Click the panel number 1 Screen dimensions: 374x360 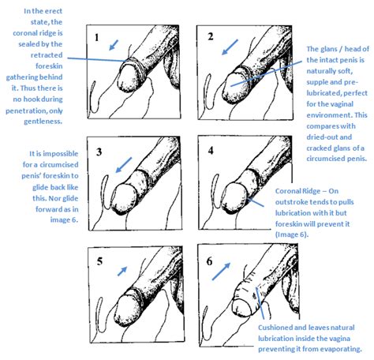tap(97, 38)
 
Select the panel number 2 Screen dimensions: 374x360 tap(211, 36)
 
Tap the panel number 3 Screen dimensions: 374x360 tap(99, 152)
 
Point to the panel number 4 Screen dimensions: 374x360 tap(211, 151)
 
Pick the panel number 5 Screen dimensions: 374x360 tap(99, 261)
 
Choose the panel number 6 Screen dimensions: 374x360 tap(209, 261)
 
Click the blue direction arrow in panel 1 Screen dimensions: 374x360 tap(114, 45)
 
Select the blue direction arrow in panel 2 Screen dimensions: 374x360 tap(230, 47)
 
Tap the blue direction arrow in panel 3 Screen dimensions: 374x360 tap(123, 165)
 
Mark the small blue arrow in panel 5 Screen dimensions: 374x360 tap(122, 271)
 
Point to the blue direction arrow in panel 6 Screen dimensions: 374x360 tap(221, 272)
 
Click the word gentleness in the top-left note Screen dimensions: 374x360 tap(43, 122)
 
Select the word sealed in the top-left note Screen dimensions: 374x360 tap(28, 44)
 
